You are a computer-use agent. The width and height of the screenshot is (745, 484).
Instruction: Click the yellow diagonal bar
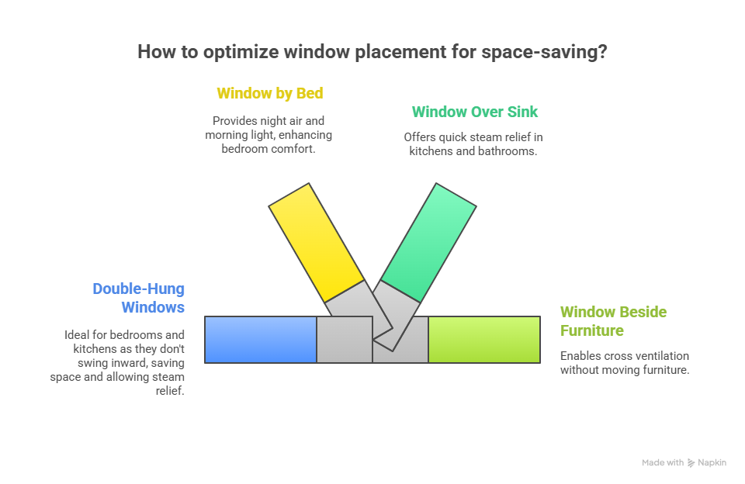tap(317, 242)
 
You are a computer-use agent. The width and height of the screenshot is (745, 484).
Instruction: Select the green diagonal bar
tap(428, 242)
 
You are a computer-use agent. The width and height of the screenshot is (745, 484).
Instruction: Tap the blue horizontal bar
tap(261, 340)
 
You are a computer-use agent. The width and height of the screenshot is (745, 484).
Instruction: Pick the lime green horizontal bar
tap(484, 340)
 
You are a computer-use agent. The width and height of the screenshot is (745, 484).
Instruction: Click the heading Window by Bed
tap(269, 94)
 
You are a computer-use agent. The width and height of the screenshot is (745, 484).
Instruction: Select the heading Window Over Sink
tap(474, 112)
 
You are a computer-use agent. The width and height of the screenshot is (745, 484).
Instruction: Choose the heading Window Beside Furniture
tap(613, 321)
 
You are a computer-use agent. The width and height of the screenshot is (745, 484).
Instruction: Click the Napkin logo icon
tap(691, 463)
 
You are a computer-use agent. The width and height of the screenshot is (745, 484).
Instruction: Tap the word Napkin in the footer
tap(712, 463)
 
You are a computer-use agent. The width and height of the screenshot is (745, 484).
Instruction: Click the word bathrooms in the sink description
tap(511, 151)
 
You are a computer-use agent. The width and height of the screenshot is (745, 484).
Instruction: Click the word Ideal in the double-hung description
tap(78, 335)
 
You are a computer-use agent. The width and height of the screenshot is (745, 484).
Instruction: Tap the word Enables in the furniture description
tap(580, 356)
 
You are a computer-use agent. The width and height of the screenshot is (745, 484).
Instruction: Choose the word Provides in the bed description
tap(234, 121)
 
